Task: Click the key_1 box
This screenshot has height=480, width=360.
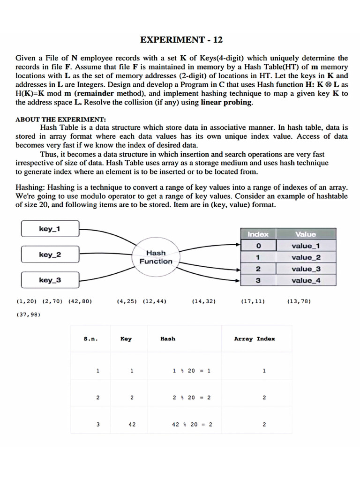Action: tap(49, 229)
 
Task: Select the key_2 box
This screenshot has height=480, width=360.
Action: tap(49, 255)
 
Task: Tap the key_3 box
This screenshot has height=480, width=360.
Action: tap(49, 280)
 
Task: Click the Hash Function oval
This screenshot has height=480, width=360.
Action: tap(156, 257)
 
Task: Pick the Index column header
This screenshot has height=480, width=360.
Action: tap(258, 234)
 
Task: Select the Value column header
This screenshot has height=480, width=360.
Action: tap(306, 234)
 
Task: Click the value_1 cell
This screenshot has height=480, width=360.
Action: tap(306, 246)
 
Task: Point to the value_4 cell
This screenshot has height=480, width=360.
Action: tap(306, 280)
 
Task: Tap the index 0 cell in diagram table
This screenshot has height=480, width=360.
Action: tap(258, 246)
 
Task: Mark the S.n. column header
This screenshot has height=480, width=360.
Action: tap(91, 338)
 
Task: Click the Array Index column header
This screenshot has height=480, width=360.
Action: tap(255, 338)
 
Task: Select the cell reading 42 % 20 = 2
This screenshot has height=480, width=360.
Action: tap(192, 425)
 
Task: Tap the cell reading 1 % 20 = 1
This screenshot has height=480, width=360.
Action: tap(192, 370)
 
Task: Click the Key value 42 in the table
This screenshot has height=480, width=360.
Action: tap(132, 425)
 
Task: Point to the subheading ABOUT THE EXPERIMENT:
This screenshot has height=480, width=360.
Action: tap(61, 119)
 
